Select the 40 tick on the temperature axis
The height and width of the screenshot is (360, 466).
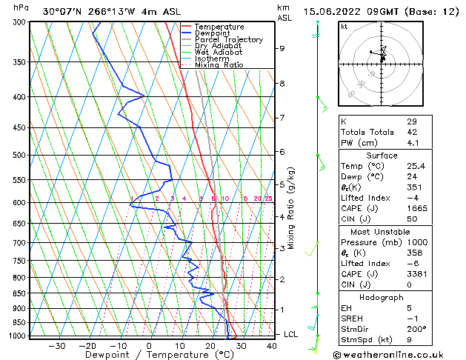(272, 345)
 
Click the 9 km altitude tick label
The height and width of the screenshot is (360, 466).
(282, 48)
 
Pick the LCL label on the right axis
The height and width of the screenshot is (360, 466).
(291, 334)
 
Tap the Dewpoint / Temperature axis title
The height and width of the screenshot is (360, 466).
(159, 355)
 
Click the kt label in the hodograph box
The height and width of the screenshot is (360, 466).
(344, 26)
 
